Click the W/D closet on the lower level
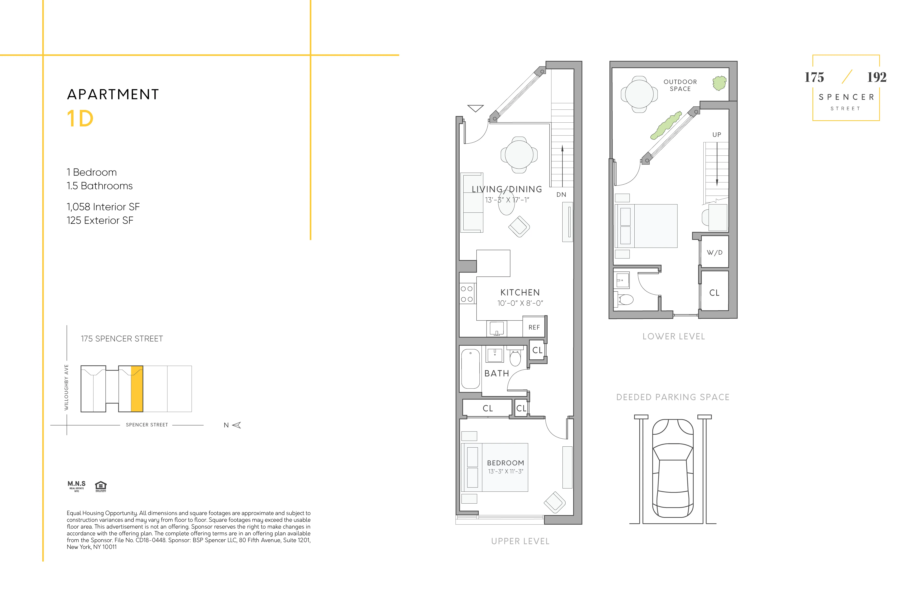[x=714, y=252]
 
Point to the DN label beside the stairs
[x=561, y=195]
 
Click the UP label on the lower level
[x=717, y=135]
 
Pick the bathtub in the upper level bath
[x=471, y=369]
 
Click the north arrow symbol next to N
[x=236, y=425]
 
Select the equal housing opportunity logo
[x=101, y=486]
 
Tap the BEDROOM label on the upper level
[x=505, y=463]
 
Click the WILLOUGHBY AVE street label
[x=66, y=387]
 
